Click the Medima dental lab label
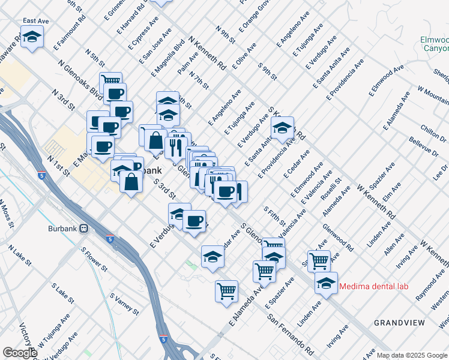coord(373,286)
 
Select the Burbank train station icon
coord(83,229)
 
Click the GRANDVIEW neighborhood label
coord(399,323)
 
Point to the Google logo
coord(20,353)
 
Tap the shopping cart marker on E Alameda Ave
coord(226,292)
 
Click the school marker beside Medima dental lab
coord(325,283)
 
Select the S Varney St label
coord(124,304)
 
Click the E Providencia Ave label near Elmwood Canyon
coord(345,79)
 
